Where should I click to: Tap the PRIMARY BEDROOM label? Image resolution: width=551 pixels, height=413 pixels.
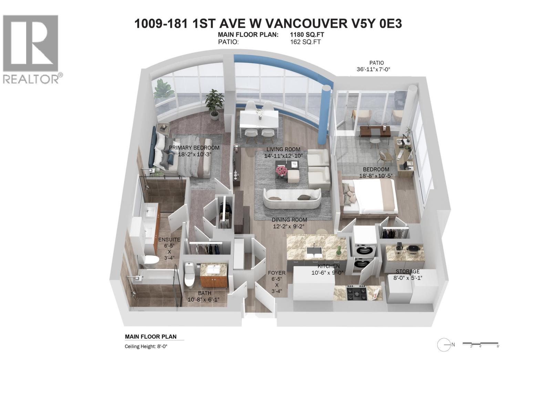coord(194,148)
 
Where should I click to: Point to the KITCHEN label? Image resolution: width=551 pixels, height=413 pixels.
coord(328,266)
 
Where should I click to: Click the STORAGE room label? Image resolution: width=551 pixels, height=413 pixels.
coord(407,272)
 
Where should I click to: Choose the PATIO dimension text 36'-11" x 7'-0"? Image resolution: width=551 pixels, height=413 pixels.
coord(373,69)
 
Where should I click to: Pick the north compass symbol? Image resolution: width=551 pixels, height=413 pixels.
coord(444,345)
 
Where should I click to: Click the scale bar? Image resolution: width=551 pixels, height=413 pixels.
coord(480,344)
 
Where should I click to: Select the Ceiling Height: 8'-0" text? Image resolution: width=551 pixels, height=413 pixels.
coord(146,347)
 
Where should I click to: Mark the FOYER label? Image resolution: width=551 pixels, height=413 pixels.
coord(277,273)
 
